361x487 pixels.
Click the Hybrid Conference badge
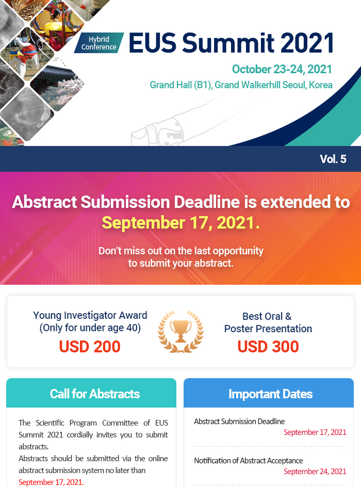(x=99, y=43)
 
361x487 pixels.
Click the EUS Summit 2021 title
(x=231, y=42)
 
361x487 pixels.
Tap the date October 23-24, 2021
(x=282, y=69)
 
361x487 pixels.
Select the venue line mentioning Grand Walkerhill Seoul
(x=241, y=85)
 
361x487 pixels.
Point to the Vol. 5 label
(x=333, y=159)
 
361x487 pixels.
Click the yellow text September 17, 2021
(x=180, y=223)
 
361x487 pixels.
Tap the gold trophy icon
(x=180, y=331)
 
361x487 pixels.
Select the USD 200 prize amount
(x=90, y=347)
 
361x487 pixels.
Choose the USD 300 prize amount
(x=268, y=347)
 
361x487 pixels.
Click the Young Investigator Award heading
(x=90, y=315)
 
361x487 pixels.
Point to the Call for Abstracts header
(x=95, y=394)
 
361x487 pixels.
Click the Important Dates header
(x=270, y=394)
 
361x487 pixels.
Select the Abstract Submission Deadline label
(x=239, y=421)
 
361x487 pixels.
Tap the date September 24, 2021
(x=315, y=472)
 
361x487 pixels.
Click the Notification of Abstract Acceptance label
(x=249, y=461)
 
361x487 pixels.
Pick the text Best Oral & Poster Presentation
(x=268, y=322)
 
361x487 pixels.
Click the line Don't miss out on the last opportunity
(x=181, y=251)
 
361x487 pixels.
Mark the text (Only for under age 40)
(x=90, y=328)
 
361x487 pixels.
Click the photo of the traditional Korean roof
(x=57, y=83)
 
